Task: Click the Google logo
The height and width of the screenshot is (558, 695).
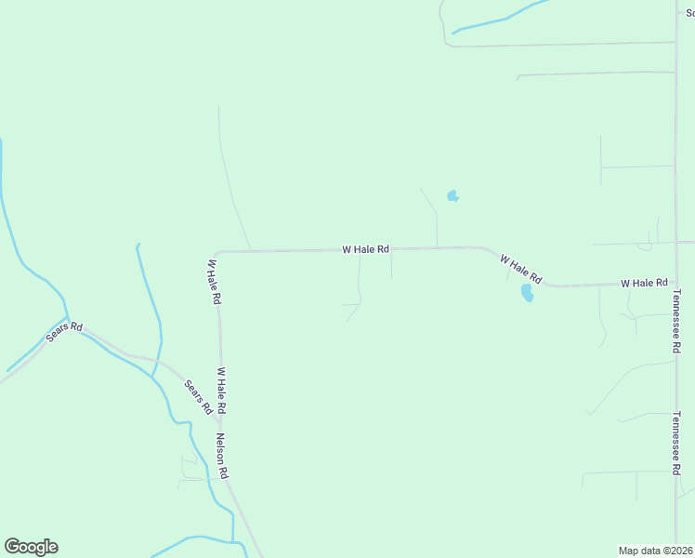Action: (x=31, y=547)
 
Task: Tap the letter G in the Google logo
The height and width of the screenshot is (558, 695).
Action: (x=13, y=547)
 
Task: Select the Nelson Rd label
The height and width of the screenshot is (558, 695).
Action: (x=223, y=456)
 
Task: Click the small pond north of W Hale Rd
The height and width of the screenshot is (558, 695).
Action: (x=452, y=196)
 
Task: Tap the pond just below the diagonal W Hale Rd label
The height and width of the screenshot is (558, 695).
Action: (x=527, y=293)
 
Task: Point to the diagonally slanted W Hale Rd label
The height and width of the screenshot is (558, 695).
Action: (x=520, y=269)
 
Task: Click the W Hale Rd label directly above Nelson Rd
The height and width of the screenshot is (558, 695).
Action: (x=222, y=391)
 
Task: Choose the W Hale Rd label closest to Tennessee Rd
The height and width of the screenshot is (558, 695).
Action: (x=644, y=282)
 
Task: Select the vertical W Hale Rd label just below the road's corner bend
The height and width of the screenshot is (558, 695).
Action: (x=213, y=282)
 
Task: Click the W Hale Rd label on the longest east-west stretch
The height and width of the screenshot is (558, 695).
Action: (x=365, y=249)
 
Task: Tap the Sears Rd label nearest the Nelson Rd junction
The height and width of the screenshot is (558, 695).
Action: (x=199, y=397)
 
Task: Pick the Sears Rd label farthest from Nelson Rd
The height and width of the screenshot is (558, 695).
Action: (x=64, y=333)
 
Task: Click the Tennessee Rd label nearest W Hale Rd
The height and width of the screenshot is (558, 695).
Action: (x=676, y=321)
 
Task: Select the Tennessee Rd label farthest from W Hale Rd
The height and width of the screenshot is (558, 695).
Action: (x=676, y=444)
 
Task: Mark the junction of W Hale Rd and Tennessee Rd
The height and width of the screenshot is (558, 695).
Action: (x=675, y=283)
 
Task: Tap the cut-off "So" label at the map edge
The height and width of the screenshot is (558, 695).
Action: (x=690, y=13)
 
